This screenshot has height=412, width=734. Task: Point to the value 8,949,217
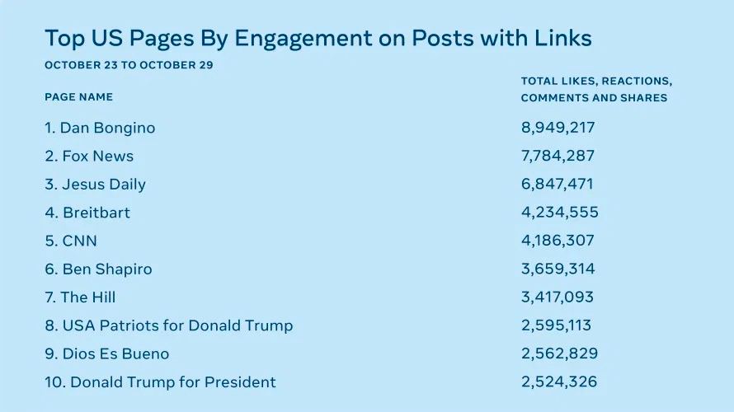558,129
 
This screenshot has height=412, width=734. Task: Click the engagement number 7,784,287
558,157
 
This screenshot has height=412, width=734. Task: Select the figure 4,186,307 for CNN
558,241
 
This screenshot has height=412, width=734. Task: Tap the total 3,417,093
558,297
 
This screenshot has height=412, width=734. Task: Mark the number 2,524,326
559,382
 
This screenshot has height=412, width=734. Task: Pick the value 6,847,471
557,185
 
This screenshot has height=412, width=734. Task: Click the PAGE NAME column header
78,97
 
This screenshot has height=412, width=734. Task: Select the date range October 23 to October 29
129,65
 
